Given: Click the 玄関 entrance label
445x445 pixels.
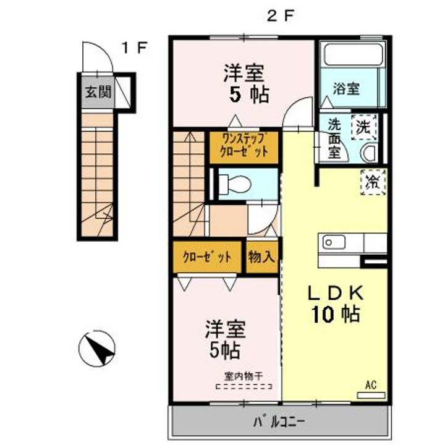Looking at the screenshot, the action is coord(98,92).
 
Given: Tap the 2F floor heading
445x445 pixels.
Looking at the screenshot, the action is coord(279,16).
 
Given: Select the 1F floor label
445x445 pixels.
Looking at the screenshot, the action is coord(135,48).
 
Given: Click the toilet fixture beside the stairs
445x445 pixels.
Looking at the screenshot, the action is coord(235,184).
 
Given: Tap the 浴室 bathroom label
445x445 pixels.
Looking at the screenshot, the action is coord(346,88).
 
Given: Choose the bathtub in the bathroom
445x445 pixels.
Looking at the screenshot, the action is coord(354,54).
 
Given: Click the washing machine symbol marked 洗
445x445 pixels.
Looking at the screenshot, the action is coord(364,127).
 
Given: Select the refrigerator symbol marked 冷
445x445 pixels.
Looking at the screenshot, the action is coord(373,182).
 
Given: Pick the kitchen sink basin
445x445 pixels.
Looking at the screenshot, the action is coord(334,243).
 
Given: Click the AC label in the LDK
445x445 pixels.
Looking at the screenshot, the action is coord(371,385).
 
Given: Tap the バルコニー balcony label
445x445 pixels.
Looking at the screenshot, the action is coord(279,422).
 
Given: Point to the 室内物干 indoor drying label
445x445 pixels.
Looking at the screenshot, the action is coord(244,376).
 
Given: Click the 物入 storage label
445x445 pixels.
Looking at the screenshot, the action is coord(261,257).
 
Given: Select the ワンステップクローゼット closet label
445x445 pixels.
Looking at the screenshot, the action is coord(244,146).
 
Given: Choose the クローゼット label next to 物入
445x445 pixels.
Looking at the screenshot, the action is coord(207,257).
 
